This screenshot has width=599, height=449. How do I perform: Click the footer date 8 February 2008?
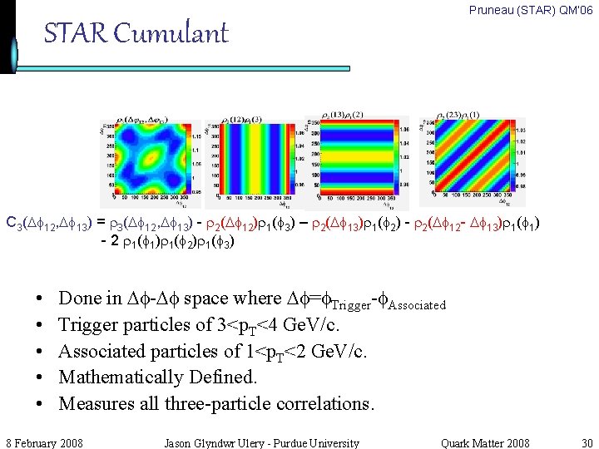pos(44,442)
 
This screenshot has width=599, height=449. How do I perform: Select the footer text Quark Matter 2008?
pos(485,442)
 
